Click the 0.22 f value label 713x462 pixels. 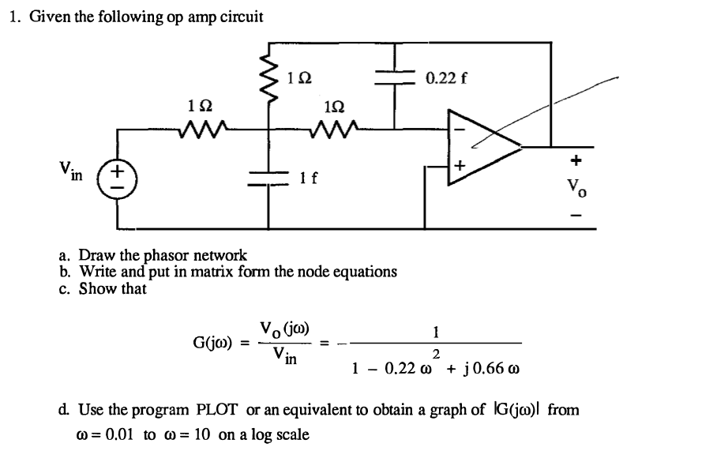point(446,77)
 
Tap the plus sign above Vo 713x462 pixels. point(576,161)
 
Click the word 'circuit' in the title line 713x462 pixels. point(237,17)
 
